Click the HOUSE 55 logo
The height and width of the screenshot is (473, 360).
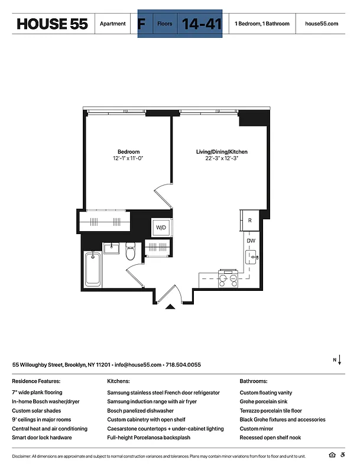pyautogui.click(x=52, y=24)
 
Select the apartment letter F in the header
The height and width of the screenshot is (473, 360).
pyautogui.click(x=141, y=24)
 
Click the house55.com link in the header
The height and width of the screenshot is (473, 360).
pyautogui.click(x=322, y=24)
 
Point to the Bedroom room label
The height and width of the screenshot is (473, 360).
pyautogui.click(x=128, y=151)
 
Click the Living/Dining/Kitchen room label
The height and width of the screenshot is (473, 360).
pyautogui.click(x=222, y=152)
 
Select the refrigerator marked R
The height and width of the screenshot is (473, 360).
pyautogui.click(x=250, y=220)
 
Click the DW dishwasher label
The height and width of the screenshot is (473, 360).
pyautogui.click(x=250, y=241)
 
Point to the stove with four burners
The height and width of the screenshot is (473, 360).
pyautogui.click(x=228, y=278)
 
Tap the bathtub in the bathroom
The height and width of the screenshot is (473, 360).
pyautogui.click(x=92, y=269)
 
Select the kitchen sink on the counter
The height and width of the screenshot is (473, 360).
pyautogui.click(x=251, y=257)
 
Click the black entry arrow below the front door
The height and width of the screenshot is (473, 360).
pyautogui.click(x=170, y=306)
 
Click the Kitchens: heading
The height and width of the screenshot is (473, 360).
pyautogui.click(x=118, y=381)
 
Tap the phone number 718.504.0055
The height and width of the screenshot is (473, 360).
pyautogui.click(x=183, y=365)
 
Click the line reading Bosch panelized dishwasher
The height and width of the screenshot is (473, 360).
pyautogui.click(x=140, y=410)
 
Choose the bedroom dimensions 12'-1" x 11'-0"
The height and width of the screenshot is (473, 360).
pyautogui.click(x=128, y=158)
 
